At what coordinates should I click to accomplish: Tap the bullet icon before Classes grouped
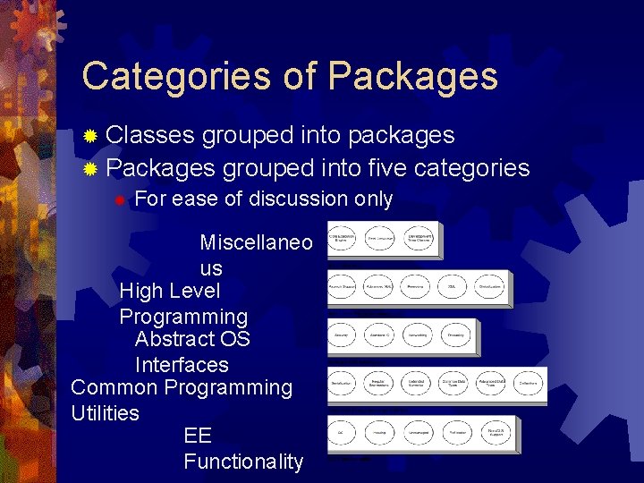tap(89, 137)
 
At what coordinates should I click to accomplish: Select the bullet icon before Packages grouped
tap(89, 169)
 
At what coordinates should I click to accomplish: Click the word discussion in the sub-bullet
tap(288, 199)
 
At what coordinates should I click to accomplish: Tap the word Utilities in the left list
tap(105, 413)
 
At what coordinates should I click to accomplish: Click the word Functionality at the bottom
tap(243, 462)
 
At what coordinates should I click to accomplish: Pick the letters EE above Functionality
tap(197, 436)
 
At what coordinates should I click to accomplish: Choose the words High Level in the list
tap(169, 291)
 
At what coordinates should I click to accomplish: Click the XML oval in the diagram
tap(452, 287)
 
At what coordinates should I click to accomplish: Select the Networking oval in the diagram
tap(417, 335)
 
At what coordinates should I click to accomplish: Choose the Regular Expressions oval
tap(378, 383)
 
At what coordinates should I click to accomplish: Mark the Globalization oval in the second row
tap(489, 287)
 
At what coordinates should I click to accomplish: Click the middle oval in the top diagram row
tap(381, 239)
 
